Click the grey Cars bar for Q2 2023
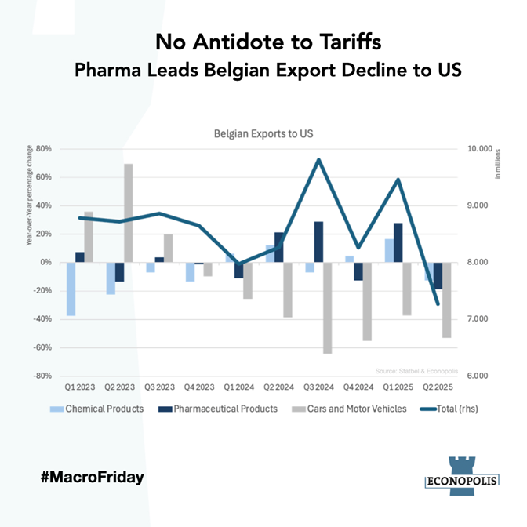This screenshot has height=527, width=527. pyautogui.click(x=129, y=213)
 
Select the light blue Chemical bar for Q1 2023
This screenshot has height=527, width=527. pyautogui.click(x=71, y=289)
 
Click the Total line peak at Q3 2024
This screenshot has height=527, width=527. pyautogui.click(x=319, y=160)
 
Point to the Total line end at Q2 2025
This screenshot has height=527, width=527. pyautogui.click(x=438, y=304)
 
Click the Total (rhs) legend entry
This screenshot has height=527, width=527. pyautogui.click(x=449, y=409)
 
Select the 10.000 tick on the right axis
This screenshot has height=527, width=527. pyautogui.click(x=478, y=149)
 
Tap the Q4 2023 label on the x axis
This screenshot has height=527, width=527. pyautogui.click(x=199, y=387)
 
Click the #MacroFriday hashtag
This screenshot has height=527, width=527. pyautogui.click(x=93, y=476)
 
